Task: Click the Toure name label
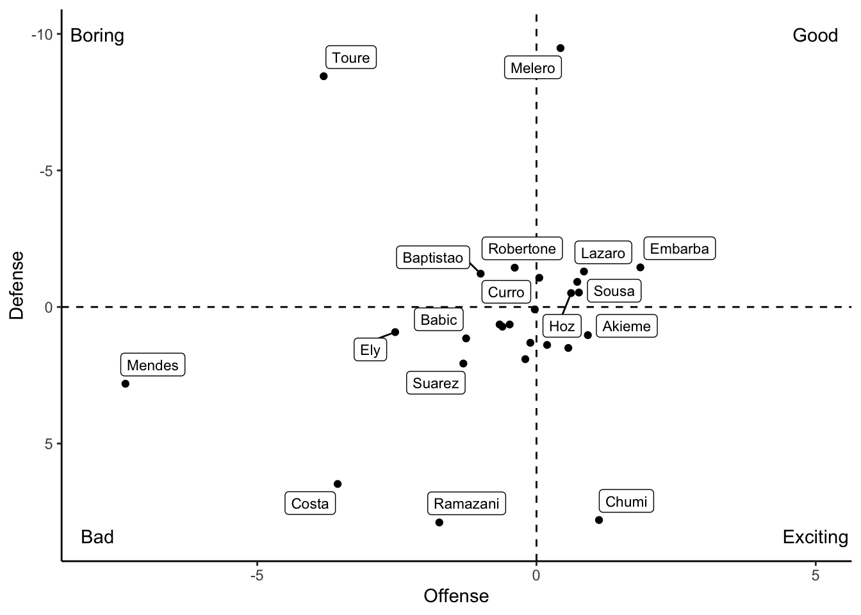coord(351,58)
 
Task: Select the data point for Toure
coord(324,76)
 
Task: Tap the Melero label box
coord(533,68)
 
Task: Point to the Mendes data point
coord(126,384)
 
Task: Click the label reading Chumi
coord(627,502)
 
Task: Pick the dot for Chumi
coord(599,520)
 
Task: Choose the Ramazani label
coord(466,504)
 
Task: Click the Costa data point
coord(338,484)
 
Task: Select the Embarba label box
coord(679,249)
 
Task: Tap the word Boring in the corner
coord(97,35)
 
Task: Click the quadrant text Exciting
coord(815,537)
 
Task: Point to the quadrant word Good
coord(815,35)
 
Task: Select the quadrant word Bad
coord(97,537)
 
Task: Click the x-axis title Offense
coord(456,596)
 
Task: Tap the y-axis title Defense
coord(17,285)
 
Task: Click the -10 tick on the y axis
coord(42,34)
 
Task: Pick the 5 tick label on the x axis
coord(816,576)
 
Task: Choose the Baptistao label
coord(432,258)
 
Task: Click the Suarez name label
coord(436,383)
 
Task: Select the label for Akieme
coord(627,326)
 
